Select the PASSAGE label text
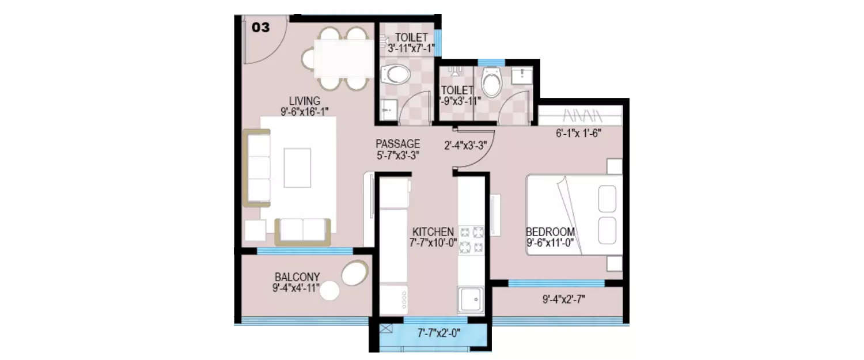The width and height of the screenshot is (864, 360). click(x=398, y=144)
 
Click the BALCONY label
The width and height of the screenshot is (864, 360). click(x=297, y=276)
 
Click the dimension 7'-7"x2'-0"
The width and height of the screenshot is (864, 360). click(x=438, y=333)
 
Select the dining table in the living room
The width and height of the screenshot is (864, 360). click(x=343, y=58)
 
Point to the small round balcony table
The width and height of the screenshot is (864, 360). click(x=330, y=291)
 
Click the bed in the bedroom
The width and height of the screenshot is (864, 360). click(x=574, y=214)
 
